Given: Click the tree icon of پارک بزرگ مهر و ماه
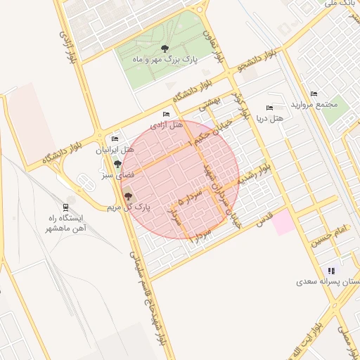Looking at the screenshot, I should [x=165, y=49].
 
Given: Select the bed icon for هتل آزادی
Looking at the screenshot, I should [x=166, y=114].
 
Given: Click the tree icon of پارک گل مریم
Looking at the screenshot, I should [x=128, y=195].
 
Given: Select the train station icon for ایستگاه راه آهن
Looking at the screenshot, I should [x=66, y=207].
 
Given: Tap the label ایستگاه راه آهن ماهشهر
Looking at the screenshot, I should [x=65, y=223].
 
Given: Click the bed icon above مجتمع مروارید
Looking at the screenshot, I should [x=314, y=94].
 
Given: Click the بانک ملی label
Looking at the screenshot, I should [x=337, y=4].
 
